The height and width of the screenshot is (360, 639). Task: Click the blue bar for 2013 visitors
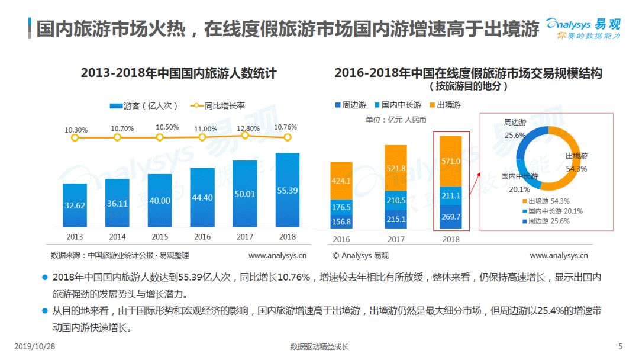pos(75,205)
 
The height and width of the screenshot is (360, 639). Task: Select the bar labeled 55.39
pos(288,190)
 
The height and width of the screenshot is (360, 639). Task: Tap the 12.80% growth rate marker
pos(244,136)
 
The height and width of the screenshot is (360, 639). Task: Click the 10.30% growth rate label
pos(76,130)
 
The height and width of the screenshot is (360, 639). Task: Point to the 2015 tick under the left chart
pos(160,237)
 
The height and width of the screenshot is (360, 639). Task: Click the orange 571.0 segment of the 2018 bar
pos(451,161)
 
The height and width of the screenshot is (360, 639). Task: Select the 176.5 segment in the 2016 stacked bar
pos(341,207)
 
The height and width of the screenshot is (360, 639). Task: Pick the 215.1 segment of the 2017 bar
pos(396,219)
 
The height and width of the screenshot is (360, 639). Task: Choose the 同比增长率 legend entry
pos(218,105)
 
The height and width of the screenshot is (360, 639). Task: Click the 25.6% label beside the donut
pos(515,135)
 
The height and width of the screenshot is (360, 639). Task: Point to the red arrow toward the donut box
pos(475,184)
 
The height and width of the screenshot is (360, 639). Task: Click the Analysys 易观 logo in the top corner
pos(583,28)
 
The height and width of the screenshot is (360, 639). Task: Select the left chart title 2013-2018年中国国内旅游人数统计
pos(179,73)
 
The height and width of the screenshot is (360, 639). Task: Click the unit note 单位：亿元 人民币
pos(396,120)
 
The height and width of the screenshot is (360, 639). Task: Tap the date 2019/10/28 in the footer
pos(35,346)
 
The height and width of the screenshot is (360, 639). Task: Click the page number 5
pos(620,346)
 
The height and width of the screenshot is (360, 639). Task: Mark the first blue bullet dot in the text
pos(45,277)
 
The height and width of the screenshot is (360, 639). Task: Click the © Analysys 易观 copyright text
pos(361,255)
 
